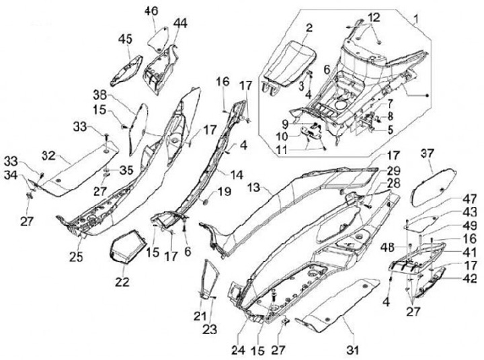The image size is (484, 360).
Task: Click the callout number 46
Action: tap(151, 11)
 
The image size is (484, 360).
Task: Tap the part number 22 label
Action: tap(122, 283)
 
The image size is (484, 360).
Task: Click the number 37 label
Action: tap(426, 154)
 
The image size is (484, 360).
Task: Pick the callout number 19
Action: tap(224, 191)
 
